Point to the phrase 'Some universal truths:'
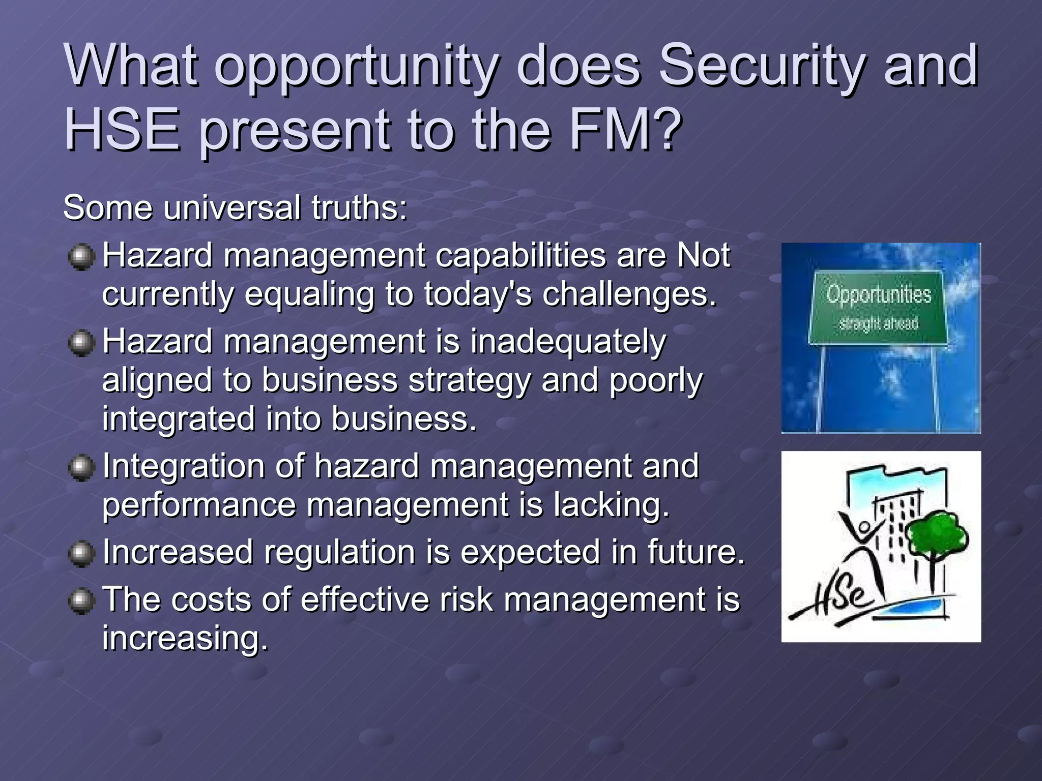point(235,208)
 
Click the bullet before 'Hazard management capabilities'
point(81,257)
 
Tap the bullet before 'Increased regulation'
point(81,554)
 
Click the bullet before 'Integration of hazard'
point(81,467)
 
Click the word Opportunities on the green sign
point(878,295)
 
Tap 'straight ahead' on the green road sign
point(878,323)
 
